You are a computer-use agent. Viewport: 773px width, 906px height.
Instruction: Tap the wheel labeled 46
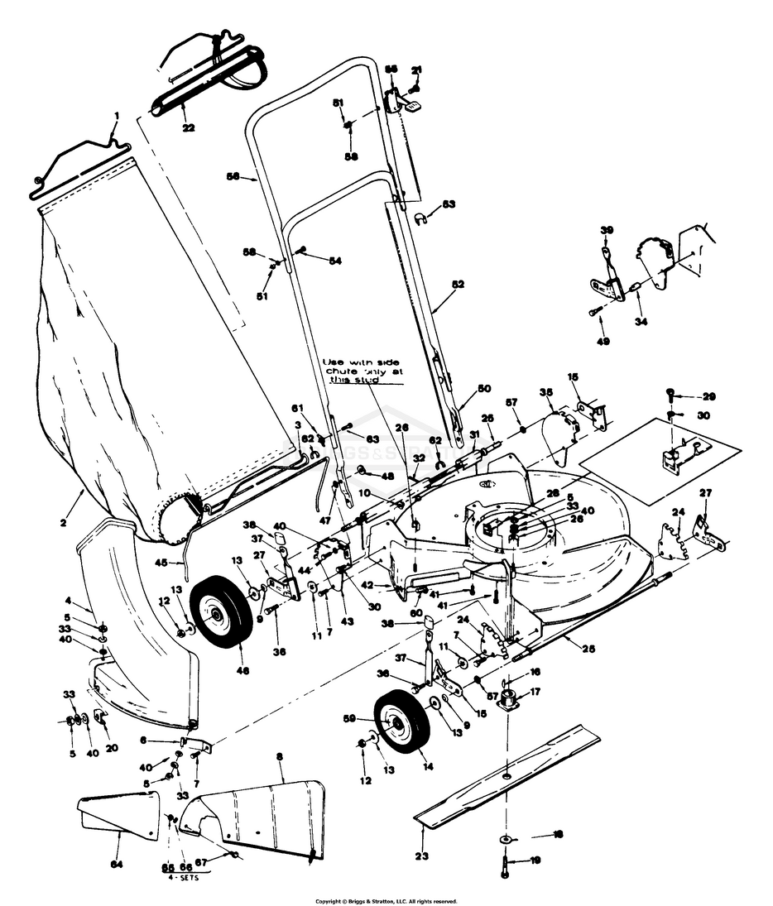click(x=221, y=615)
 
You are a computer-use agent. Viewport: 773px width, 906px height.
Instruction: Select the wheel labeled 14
click(x=402, y=726)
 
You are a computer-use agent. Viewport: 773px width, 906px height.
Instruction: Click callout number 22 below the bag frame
click(x=189, y=127)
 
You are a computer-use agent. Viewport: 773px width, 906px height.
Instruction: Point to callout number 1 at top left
click(x=117, y=115)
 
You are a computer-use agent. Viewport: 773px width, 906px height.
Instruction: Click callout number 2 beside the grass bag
click(x=62, y=522)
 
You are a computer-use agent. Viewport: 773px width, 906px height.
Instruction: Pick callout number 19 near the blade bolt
click(x=535, y=860)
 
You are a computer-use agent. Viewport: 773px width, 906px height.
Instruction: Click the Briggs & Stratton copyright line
click(x=386, y=900)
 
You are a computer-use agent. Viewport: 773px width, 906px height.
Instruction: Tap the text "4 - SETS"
click(x=182, y=878)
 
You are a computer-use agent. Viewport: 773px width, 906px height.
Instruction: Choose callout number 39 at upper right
click(x=607, y=230)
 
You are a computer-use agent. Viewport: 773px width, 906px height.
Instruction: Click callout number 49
click(x=603, y=340)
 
